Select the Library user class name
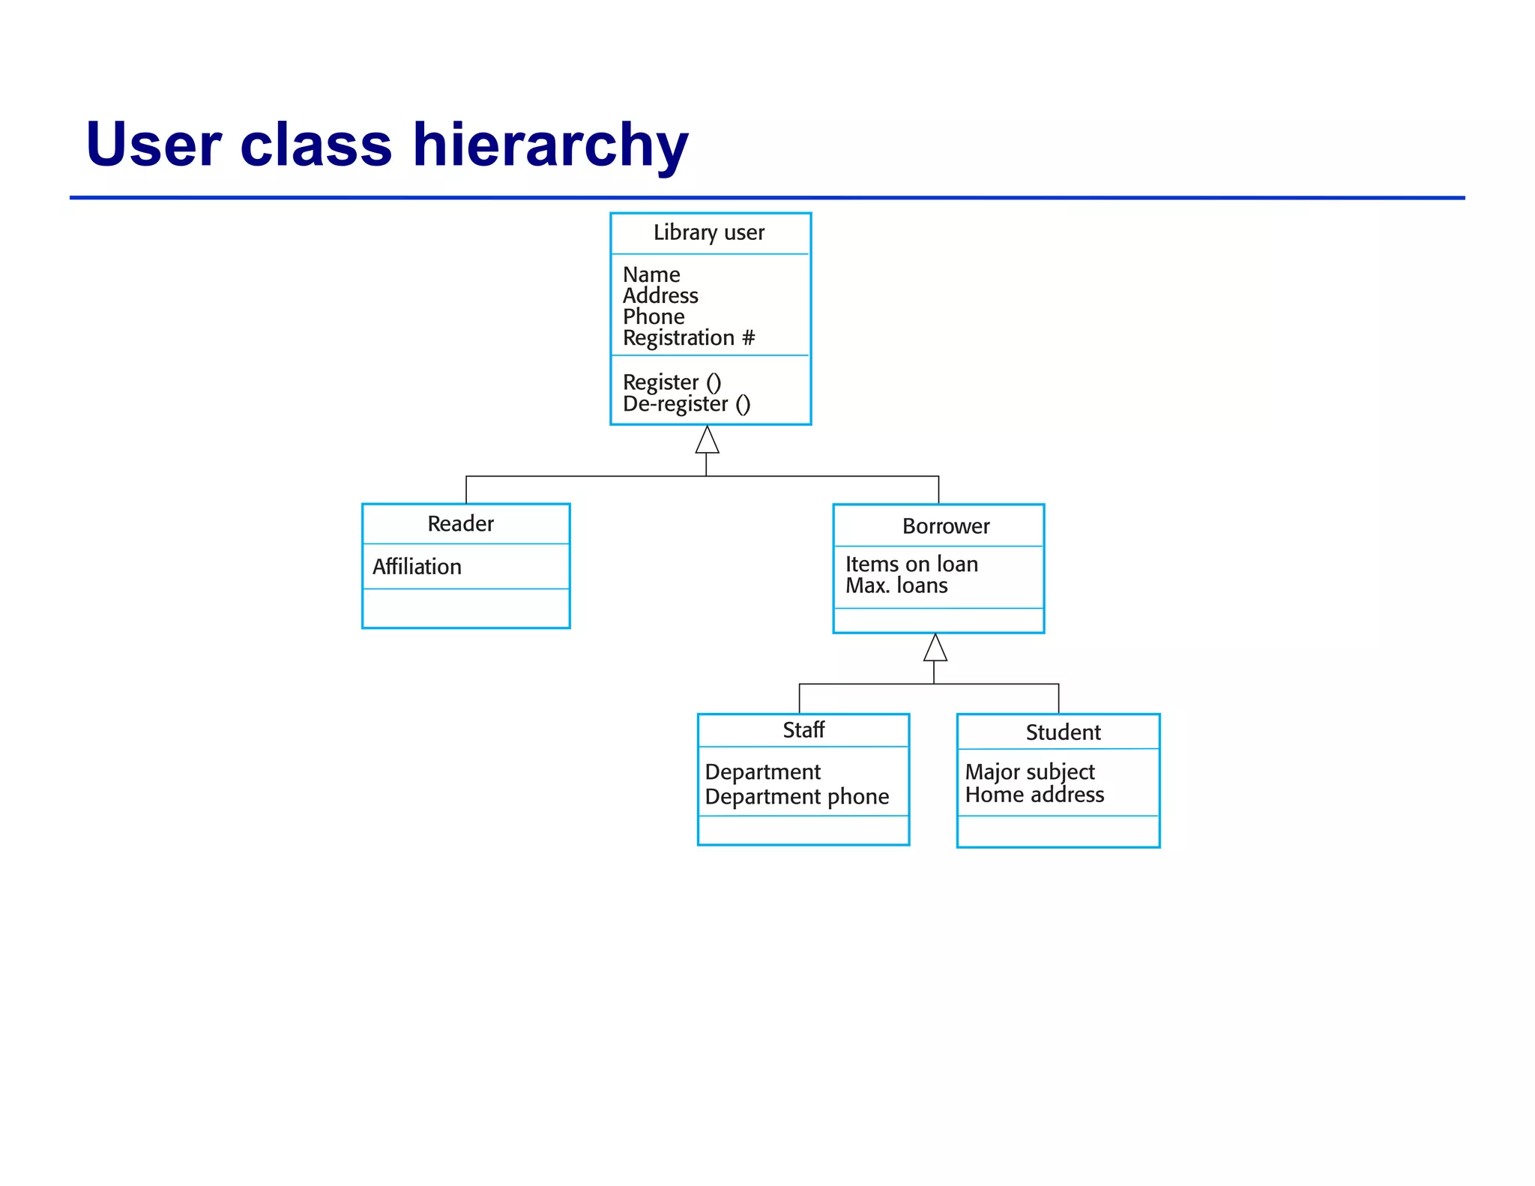tap(708, 233)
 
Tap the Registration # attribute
tap(688, 338)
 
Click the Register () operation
tap(672, 382)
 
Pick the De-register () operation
tap(686, 404)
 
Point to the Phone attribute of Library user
tap(653, 317)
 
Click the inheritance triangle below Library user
tap(707, 441)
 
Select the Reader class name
tap(460, 524)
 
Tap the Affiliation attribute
tap(417, 567)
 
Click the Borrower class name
tap(945, 526)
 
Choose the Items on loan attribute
tap(911, 564)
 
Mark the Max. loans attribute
tap(896, 586)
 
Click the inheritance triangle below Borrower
tap(935, 648)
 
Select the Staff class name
tap(803, 730)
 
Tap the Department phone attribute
tap(797, 797)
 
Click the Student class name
tap(1063, 732)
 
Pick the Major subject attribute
tap(1029, 772)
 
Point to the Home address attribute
tap(1034, 795)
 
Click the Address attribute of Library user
tap(660, 296)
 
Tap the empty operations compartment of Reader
tap(465, 608)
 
